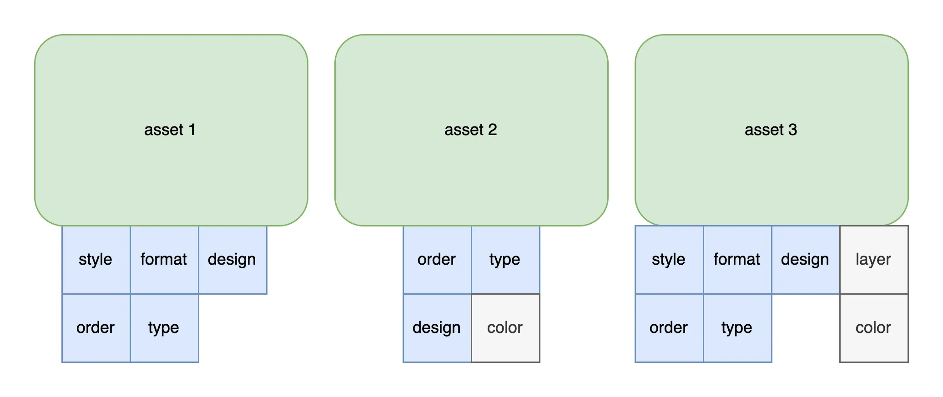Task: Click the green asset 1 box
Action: pos(171,130)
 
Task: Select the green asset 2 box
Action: pos(471,130)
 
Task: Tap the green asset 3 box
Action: pos(772,130)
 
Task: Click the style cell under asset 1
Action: pos(96,260)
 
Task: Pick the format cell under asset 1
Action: pos(164,260)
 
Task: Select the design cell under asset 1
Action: pos(232,260)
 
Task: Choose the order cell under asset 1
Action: pos(96,328)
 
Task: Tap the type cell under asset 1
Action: pos(164,328)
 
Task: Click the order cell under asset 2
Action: pos(437,260)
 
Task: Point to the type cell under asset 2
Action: pos(505,260)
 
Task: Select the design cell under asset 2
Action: pos(437,328)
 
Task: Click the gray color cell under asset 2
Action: pos(505,328)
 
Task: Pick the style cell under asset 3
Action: pos(669,260)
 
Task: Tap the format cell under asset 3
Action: pos(737,260)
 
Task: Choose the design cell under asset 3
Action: pos(806,260)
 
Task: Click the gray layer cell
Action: pos(874,260)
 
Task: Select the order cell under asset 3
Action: pos(669,328)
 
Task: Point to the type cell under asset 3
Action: pos(737,328)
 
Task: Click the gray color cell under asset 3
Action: pos(874,328)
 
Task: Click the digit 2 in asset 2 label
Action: pos(492,130)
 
